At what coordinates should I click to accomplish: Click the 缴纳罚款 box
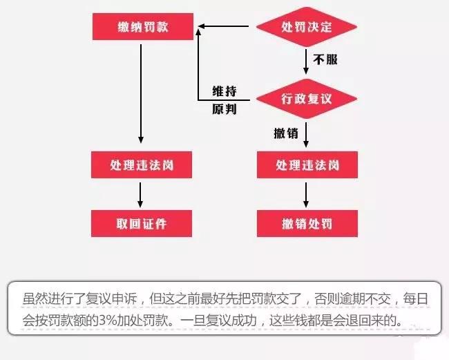coord(143,26)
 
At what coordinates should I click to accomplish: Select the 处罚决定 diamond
coord(307,27)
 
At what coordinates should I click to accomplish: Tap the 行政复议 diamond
coord(307,99)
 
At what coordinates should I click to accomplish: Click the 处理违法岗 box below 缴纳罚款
coord(142,164)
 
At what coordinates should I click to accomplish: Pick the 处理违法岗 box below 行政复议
coord(307,164)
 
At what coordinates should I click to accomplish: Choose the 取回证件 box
coord(142,223)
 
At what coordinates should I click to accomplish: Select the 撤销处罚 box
coord(307,223)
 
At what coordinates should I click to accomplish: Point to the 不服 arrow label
coord(325,59)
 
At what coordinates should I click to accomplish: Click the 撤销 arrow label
coord(286,133)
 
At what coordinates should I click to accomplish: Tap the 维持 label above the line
coord(224,91)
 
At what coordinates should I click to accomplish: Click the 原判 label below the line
coord(224,109)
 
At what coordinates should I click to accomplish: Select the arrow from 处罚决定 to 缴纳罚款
coord(223,26)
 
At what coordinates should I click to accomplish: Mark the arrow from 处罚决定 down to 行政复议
coord(306,61)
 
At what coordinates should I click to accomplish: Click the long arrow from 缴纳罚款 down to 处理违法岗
coord(141,94)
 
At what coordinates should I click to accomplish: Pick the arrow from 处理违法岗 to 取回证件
coord(140,195)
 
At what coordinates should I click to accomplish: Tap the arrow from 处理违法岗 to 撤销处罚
coord(306,195)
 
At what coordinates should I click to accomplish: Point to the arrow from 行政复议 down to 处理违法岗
coord(306,135)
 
